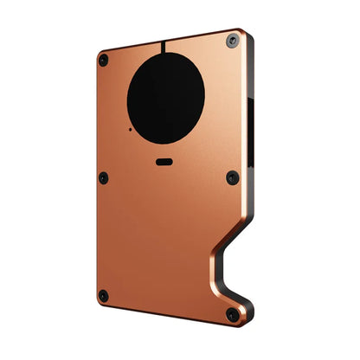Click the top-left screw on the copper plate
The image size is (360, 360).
pyautogui.click(x=104, y=60)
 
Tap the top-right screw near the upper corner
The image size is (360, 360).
pyautogui.click(x=232, y=41)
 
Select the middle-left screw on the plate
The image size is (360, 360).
pyautogui.click(x=103, y=178)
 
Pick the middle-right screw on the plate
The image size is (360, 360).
pyautogui.click(x=232, y=177)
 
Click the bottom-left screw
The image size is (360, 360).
pyautogui.click(x=103, y=296)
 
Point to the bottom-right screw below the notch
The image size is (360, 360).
pyautogui.click(x=231, y=316)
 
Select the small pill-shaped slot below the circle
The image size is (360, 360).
pyautogui.click(x=165, y=161)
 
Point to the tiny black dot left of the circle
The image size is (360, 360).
pyautogui.click(x=129, y=130)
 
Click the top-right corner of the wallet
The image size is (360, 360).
pyautogui.click(x=246, y=32)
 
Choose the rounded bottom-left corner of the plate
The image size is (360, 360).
pyautogui.click(x=98, y=302)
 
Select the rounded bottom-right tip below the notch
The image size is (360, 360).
pyautogui.click(x=245, y=319)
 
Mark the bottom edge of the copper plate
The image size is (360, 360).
pyautogui.click(x=164, y=313)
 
